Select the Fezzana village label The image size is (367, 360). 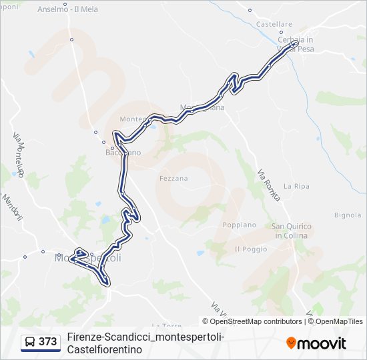click(x=173, y=178)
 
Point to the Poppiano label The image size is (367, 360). click(x=240, y=225)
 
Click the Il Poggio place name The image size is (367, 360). click(x=251, y=249)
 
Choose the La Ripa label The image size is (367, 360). click(x=294, y=185)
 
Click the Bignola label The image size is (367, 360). click(x=348, y=215)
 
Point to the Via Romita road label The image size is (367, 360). click(x=268, y=181)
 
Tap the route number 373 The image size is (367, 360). click(x=47, y=342)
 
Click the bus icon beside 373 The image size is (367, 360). click(x=30, y=342)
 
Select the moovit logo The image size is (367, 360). click(x=316, y=343)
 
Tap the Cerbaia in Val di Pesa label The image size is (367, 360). click(x=296, y=44)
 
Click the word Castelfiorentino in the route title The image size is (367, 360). click(x=105, y=349)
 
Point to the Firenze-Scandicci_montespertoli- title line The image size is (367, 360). click(x=145, y=337)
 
